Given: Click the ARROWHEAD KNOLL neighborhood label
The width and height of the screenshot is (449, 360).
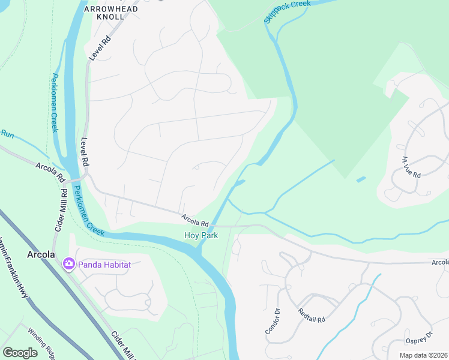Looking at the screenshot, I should [x=111, y=13].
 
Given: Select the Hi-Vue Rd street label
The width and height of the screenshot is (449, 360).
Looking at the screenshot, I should [x=411, y=167].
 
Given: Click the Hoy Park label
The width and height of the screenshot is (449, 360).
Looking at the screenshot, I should [x=200, y=236].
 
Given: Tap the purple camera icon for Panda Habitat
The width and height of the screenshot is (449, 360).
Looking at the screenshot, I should [x=68, y=263].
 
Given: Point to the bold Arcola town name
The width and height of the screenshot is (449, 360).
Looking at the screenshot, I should [x=41, y=254].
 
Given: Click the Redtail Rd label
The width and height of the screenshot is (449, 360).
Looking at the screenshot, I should [x=312, y=316].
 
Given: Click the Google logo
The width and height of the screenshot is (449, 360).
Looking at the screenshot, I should [x=20, y=352].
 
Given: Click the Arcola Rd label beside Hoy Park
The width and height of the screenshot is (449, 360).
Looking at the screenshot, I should [x=195, y=219].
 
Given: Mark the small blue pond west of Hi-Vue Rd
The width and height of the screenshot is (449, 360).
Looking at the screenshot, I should [x=360, y=179].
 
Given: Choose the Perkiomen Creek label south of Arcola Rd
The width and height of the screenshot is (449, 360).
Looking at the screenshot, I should [x=88, y=210].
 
